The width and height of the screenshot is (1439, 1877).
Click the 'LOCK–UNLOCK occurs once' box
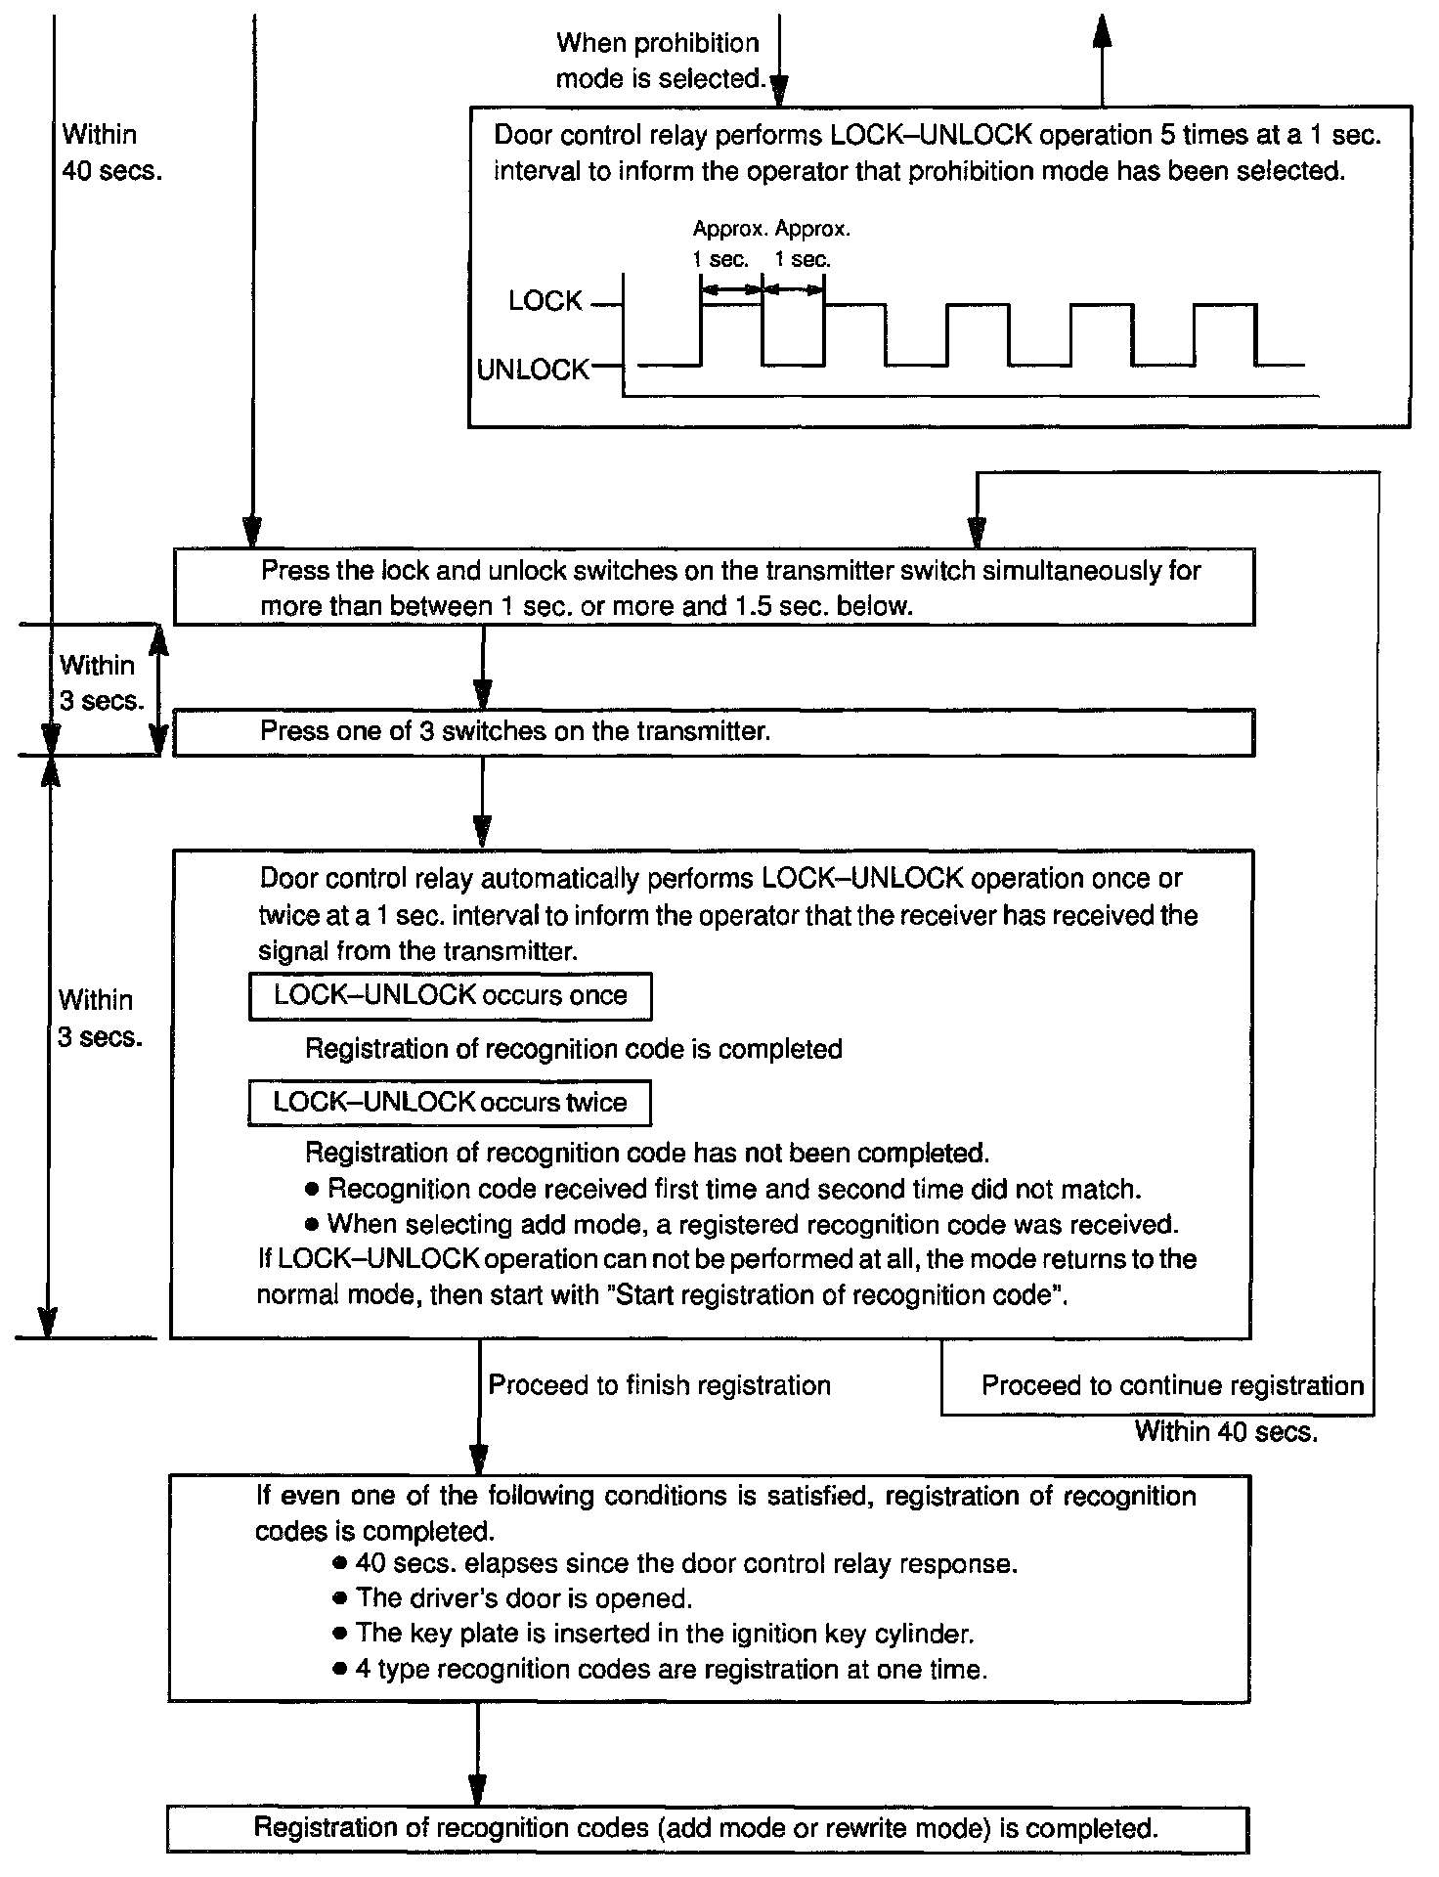pyautogui.click(x=450, y=996)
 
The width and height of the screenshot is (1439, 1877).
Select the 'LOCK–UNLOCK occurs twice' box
pyautogui.click(x=450, y=1103)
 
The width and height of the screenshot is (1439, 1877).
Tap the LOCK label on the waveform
pyautogui.click(x=545, y=301)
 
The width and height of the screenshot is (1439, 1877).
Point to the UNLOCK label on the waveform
pyautogui.click(x=533, y=370)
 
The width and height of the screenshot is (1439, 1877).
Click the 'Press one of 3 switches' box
pyautogui.click(x=713, y=732)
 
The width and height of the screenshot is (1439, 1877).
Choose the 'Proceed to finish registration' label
pyautogui.click(x=659, y=1385)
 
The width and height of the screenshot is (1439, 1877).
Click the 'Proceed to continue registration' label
pyautogui.click(x=1172, y=1385)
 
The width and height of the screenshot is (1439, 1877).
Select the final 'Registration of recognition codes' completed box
pyautogui.click(x=707, y=1828)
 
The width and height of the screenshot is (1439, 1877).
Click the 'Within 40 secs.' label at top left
pyautogui.click(x=110, y=153)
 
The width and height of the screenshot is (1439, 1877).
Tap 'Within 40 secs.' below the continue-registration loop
pyautogui.click(x=1226, y=1432)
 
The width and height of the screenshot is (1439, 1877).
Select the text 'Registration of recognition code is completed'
pyautogui.click(x=574, y=1049)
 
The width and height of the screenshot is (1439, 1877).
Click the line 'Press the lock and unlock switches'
pyautogui.click(x=729, y=571)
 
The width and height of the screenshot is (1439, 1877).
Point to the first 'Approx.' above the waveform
pyautogui.click(x=729, y=230)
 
